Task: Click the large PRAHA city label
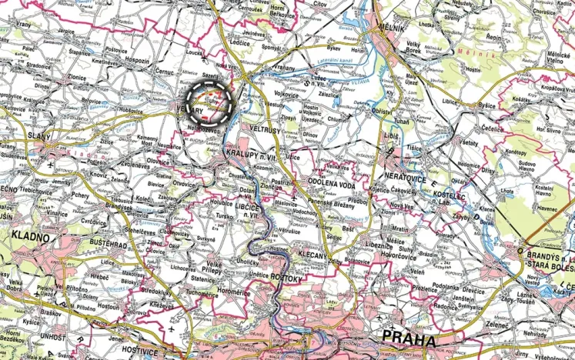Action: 408,338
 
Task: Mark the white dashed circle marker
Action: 210,102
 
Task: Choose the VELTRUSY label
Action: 265,130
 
